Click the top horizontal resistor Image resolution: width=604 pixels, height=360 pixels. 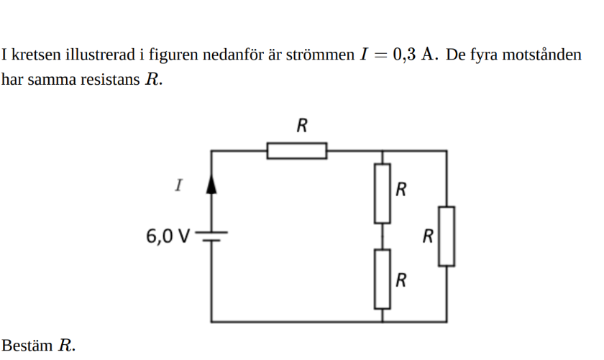click(296, 151)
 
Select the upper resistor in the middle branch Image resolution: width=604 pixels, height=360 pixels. click(382, 193)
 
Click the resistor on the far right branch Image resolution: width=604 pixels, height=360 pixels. click(447, 236)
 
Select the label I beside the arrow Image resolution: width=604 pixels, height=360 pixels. click(178, 185)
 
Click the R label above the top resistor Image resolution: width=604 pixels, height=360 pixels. click(302, 126)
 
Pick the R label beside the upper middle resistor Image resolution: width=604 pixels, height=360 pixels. click(401, 190)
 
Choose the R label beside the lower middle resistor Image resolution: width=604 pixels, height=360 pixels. click(401, 280)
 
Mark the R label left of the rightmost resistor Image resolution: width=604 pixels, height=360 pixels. click(429, 235)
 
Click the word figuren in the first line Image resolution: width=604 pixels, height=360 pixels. click(170, 55)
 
